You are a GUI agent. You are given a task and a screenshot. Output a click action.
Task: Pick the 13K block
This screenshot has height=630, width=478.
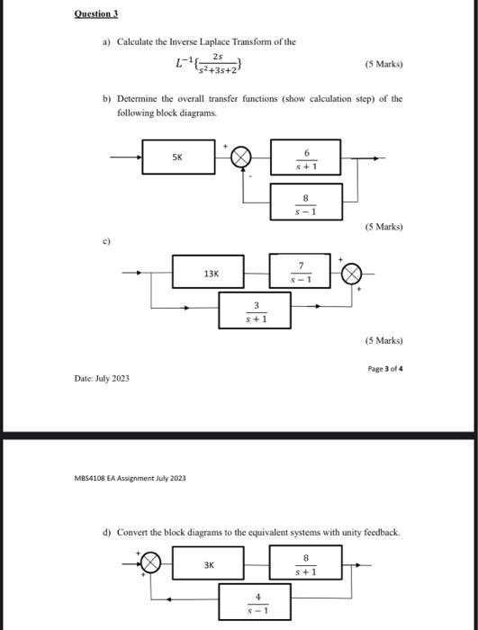(211, 273)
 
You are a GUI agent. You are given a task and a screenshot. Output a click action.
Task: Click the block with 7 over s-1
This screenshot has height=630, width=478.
(301, 271)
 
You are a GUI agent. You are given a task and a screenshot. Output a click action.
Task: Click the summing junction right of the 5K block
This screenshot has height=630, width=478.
(241, 158)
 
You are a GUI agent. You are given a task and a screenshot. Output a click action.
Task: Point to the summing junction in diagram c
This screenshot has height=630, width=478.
(352, 273)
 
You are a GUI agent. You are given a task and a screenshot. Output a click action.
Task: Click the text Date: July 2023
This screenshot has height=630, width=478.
(102, 378)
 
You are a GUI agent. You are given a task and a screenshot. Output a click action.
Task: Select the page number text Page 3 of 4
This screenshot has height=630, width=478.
(384, 367)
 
